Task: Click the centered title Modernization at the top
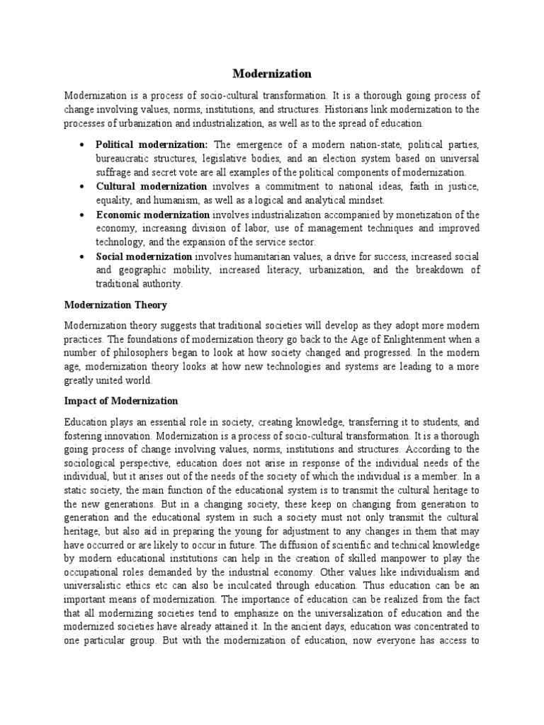point(272,74)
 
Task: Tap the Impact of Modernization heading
point(121,401)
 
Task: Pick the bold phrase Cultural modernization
point(152,186)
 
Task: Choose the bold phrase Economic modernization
point(153,215)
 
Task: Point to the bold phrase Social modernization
point(144,256)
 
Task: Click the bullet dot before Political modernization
point(83,145)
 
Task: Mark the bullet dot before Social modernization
point(83,257)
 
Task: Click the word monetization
point(426,215)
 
